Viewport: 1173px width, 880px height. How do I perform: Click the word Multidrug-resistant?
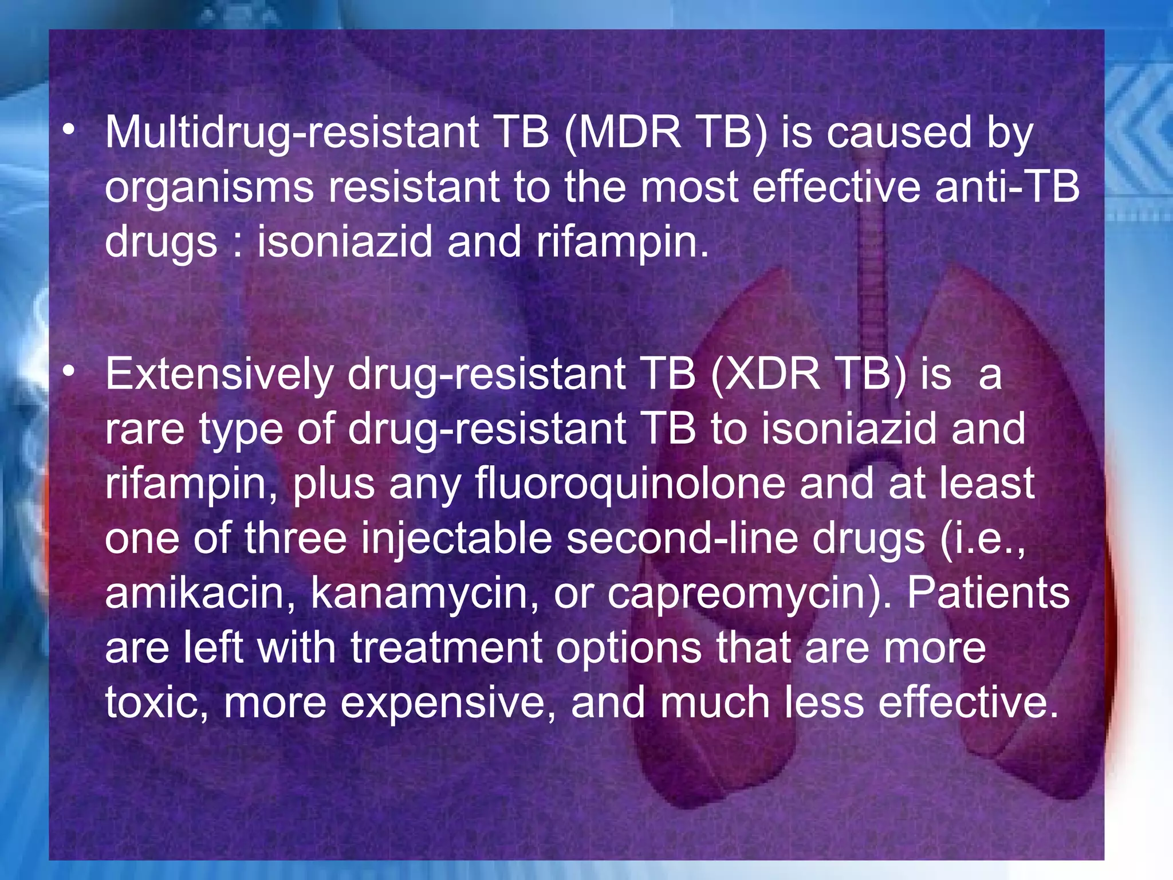pos(292,133)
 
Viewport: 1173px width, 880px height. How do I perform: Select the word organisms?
pos(210,188)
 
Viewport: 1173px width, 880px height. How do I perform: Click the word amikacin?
pos(200,594)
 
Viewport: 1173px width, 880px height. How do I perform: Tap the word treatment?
pos(446,648)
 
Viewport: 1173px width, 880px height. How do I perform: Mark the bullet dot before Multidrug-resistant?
pos(69,131)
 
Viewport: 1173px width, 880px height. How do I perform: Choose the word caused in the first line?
pos(899,133)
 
